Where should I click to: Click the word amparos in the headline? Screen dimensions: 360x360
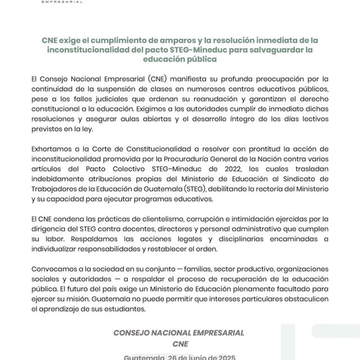point(164,41)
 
